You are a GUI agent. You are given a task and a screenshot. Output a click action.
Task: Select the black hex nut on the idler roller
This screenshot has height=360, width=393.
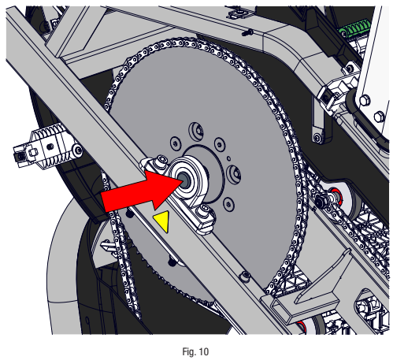[322, 203]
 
